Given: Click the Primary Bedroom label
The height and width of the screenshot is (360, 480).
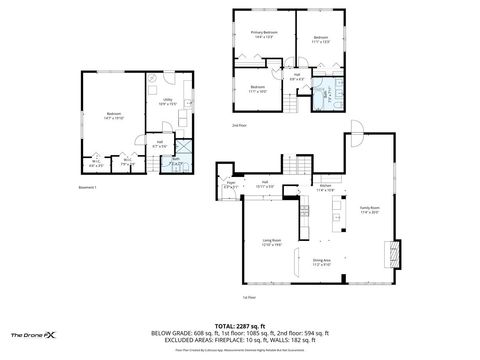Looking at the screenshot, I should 263,35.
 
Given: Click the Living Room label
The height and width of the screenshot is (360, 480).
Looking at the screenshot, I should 270,243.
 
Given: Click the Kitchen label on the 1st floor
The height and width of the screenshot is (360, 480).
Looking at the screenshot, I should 325,187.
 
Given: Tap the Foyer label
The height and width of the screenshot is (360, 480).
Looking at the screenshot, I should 230,185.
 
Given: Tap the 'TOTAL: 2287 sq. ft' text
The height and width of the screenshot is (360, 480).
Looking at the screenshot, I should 241,325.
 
